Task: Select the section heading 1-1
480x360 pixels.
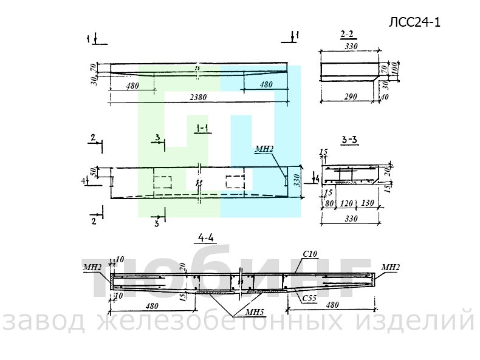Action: coord(202,128)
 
